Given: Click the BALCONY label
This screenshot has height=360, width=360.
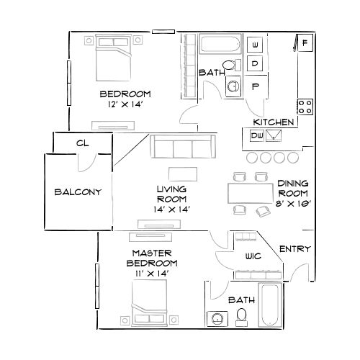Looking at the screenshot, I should click(x=77, y=193).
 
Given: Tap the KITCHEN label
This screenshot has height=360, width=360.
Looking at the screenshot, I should click(x=272, y=122).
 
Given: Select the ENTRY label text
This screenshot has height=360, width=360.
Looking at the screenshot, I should click(x=294, y=249).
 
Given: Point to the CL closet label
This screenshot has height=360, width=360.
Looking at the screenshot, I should click(x=82, y=143).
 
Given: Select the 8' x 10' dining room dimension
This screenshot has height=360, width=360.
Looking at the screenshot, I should click(x=294, y=204).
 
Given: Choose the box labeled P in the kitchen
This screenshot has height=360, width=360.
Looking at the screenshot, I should click(x=256, y=86).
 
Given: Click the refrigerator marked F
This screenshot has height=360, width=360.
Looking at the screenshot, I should click(x=305, y=44).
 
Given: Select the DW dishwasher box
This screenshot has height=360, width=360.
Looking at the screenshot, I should click(x=256, y=135).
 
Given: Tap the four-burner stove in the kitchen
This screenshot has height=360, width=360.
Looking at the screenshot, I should click(x=305, y=107).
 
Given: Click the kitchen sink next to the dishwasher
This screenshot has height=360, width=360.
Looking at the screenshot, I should click(x=274, y=135).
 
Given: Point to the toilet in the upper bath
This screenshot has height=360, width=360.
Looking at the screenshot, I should click(x=230, y=66).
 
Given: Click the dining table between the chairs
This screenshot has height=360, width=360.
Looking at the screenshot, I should click(x=249, y=193).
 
